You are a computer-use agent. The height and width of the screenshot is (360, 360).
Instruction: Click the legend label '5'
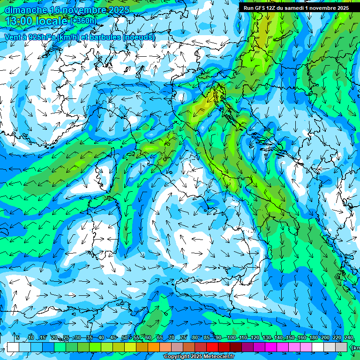[x=18, y=338]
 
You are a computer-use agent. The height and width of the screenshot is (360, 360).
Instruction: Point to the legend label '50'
[x=125, y=338]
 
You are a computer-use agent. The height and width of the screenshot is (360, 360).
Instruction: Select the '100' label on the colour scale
[x=231, y=338]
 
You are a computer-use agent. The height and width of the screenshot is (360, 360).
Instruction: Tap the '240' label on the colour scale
[x=349, y=338]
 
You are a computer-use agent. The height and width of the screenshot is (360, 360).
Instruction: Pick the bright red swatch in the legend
[x=212, y=347]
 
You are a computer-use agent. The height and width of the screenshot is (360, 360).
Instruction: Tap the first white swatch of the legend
[x=13, y=347]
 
